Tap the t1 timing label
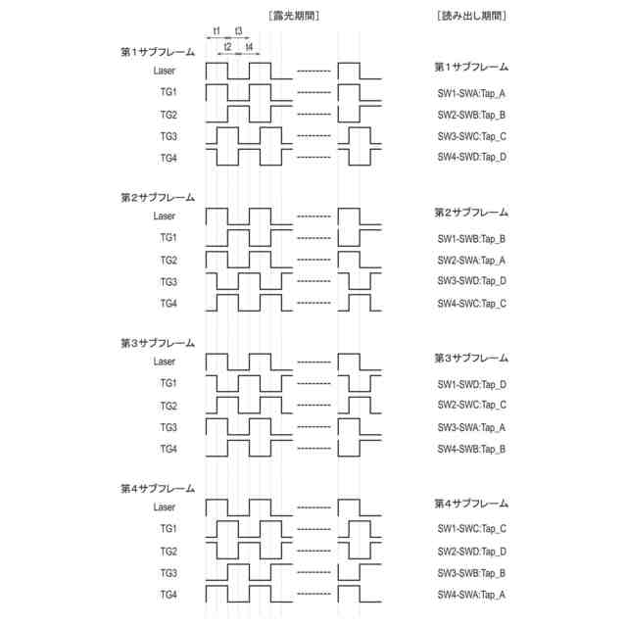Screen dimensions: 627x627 coord(216,31)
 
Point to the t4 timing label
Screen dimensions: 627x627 coord(249,47)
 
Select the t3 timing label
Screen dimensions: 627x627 coord(238,31)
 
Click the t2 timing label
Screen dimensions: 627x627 coord(227,47)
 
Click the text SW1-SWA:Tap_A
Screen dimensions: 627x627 coord(471,93)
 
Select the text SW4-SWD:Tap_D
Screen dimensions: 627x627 coord(471,158)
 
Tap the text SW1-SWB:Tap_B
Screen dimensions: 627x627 coord(471,239)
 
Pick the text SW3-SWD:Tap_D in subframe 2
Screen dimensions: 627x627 coord(471,282)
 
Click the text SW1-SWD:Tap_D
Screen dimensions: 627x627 coord(471,384)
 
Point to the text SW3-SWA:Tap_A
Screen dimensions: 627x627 coord(471,427)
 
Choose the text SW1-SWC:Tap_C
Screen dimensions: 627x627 coord(471,529)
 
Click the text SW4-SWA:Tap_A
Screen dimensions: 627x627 coord(471,594)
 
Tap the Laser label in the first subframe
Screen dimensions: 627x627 coord(165,71)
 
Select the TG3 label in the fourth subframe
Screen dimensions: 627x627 coord(169,573)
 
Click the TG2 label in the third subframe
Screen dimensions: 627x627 coord(169,406)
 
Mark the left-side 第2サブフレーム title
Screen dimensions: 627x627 coord(158,197)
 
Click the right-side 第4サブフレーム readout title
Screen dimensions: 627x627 coord(471,504)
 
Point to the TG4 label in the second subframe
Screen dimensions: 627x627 coord(169,304)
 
